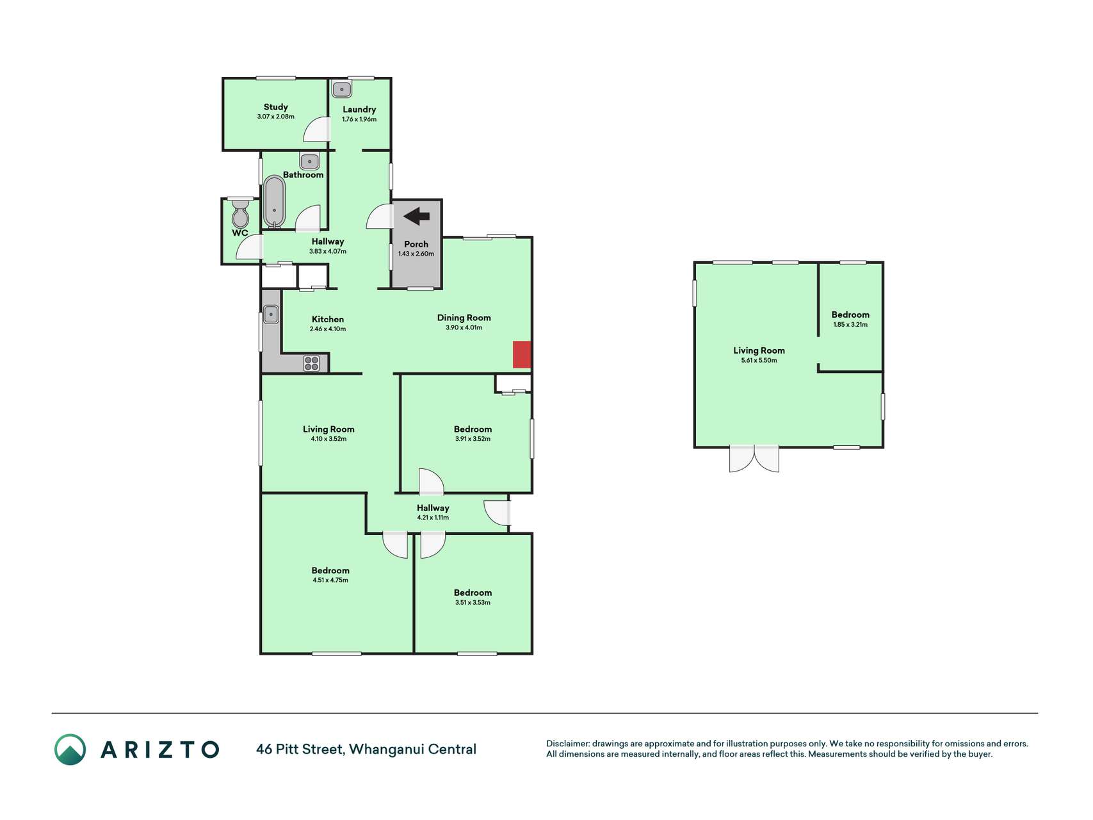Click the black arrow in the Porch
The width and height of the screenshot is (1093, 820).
tap(417, 217)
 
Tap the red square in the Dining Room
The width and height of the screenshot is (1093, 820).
tap(522, 355)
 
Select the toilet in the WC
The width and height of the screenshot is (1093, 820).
tap(241, 213)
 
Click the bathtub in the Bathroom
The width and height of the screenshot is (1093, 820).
tap(275, 202)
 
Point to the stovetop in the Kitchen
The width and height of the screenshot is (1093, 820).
tap(312, 363)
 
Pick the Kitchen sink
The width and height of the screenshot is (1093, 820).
tap(271, 315)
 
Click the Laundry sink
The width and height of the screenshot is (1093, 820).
tap(342, 89)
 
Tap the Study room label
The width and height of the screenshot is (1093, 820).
tap(276, 107)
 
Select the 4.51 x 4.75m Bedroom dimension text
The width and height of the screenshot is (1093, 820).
tap(330, 580)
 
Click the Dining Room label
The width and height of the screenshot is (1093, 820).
tap(464, 318)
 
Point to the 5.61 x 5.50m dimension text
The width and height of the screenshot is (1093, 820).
tap(759, 361)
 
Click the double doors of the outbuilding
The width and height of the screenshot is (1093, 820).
tap(754, 459)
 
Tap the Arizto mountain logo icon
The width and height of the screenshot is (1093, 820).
tap(70, 750)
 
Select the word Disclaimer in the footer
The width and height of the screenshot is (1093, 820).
tap(567, 744)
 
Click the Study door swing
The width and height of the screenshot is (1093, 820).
tap(317, 130)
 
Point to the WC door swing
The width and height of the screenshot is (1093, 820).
tap(250, 247)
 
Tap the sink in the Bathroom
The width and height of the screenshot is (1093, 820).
tap(309, 161)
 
